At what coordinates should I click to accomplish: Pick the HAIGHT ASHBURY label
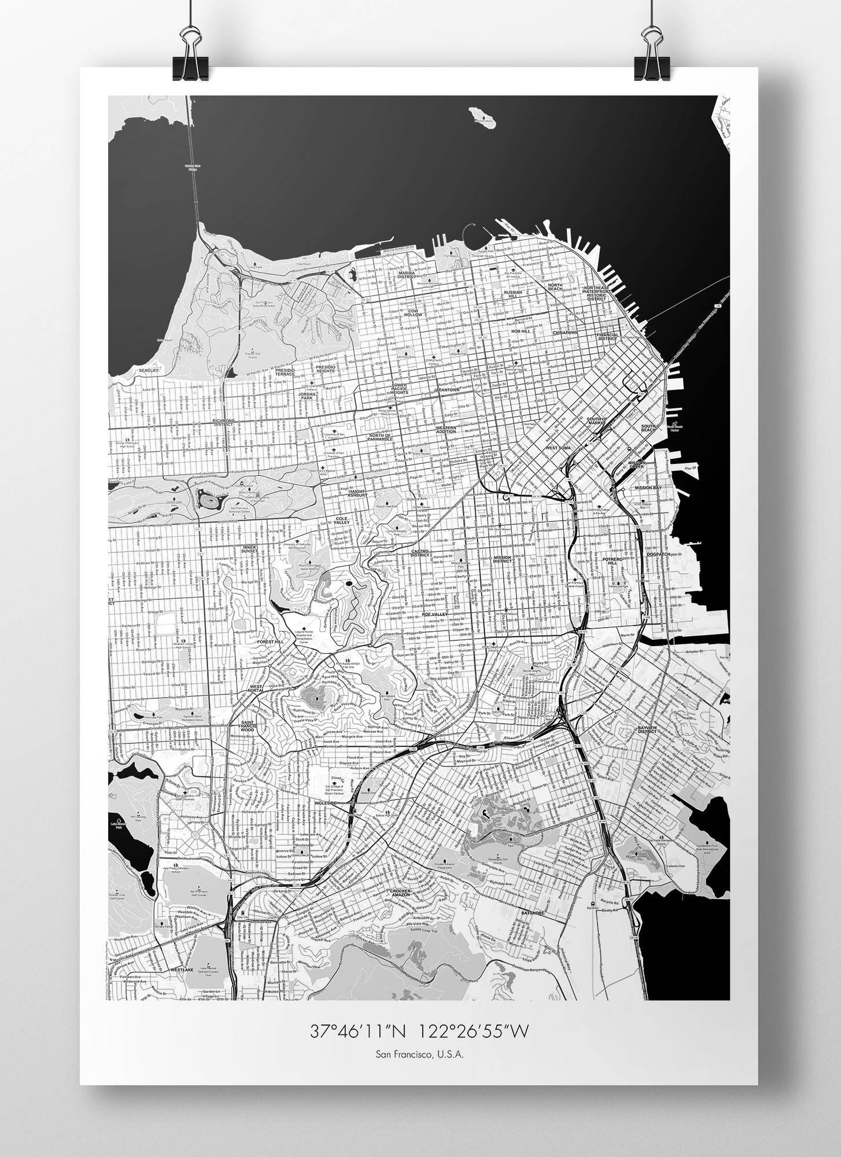click(357, 493)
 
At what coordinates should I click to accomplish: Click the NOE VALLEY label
click(435, 614)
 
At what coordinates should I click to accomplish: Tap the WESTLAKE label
click(181, 969)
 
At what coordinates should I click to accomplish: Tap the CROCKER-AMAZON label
click(400, 893)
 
